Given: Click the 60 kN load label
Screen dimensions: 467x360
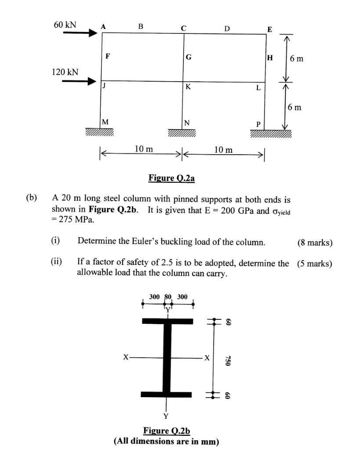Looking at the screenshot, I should (x=65, y=25).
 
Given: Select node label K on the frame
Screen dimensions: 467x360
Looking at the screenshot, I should (x=188, y=87).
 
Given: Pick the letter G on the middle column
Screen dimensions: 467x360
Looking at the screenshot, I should (x=189, y=57).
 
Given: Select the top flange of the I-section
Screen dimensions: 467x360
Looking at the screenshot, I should (x=167, y=321).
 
